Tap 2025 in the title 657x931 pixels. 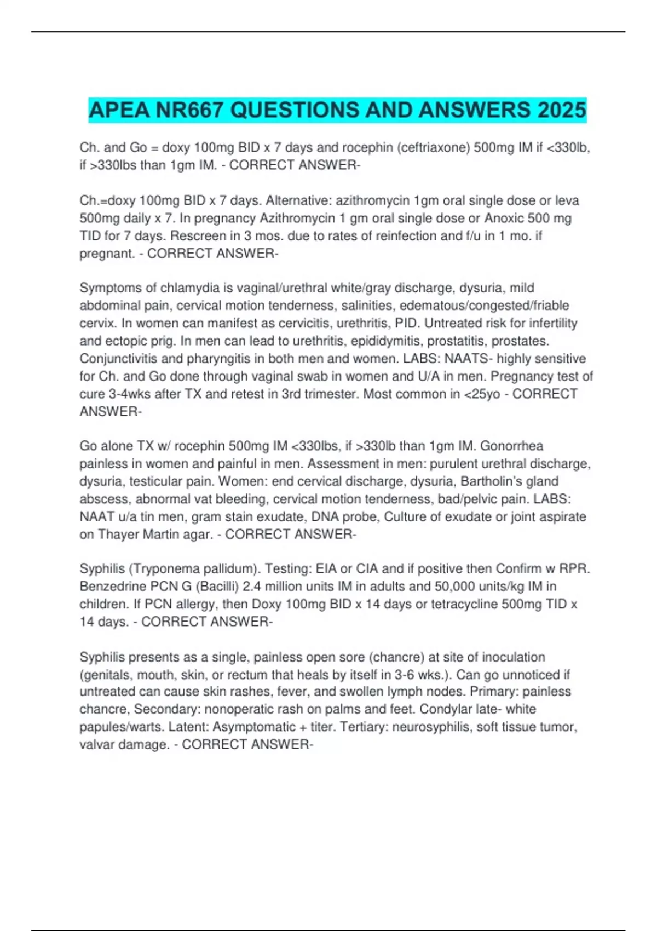tap(561, 110)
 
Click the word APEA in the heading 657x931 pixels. tap(119, 110)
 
